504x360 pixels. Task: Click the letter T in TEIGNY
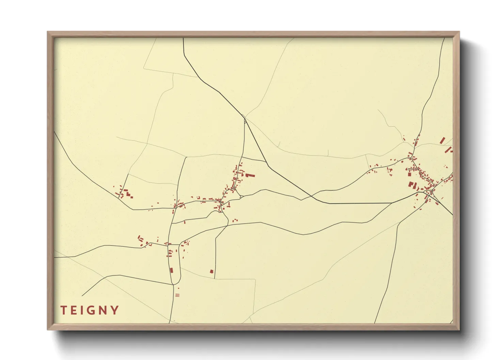(x=64, y=310)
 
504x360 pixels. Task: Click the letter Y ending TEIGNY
(x=115, y=310)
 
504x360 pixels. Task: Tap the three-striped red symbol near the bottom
(x=177, y=295)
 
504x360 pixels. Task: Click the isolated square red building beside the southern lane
(x=211, y=272)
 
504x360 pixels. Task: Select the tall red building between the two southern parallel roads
(x=171, y=271)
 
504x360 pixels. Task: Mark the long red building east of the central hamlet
(x=250, y=176)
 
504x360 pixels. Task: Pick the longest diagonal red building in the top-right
(x=442, y=140)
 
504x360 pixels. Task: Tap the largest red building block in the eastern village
(x=411, y=185)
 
